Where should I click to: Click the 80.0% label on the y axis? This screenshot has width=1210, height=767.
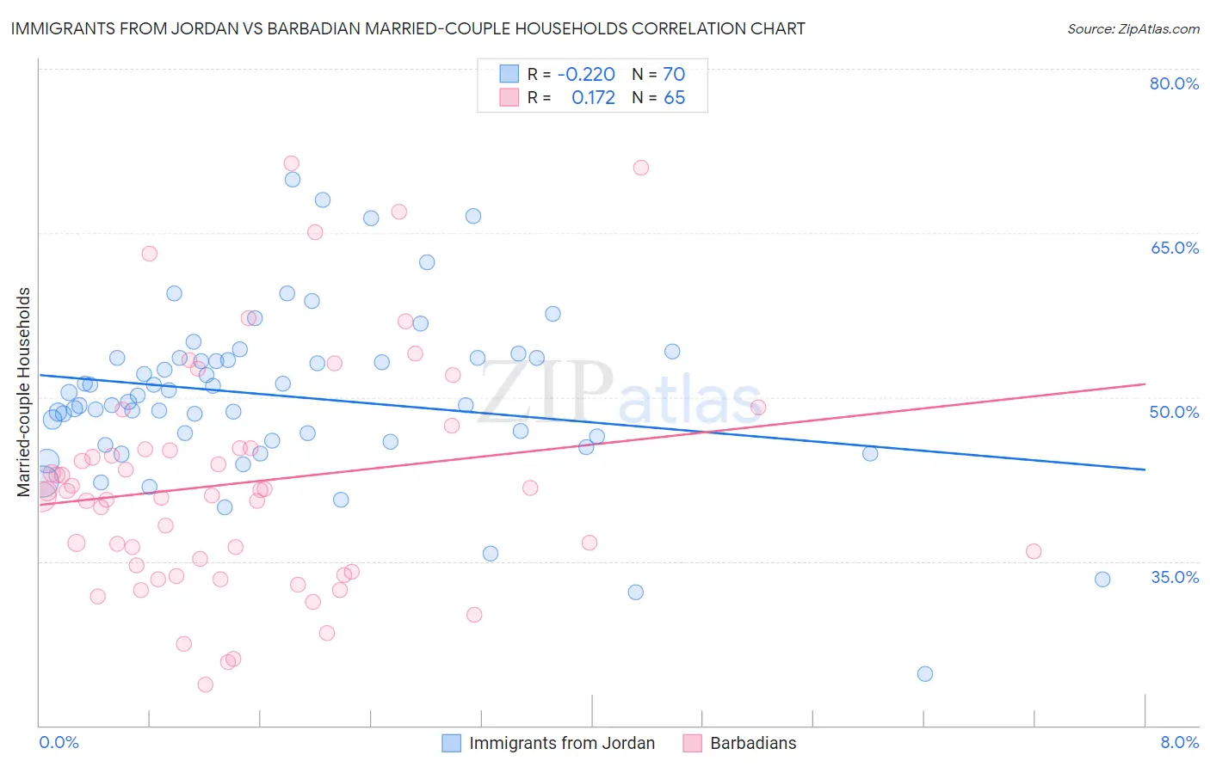pos(1174,84)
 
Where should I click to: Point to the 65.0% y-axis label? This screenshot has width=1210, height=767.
pos(1174,248)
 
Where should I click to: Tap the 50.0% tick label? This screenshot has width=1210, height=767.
pos(1174,412)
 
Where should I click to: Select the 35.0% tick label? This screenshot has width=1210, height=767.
pos(1175,576)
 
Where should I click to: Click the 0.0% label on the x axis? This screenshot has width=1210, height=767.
pos(59,742)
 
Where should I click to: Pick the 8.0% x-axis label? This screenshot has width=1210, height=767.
pos(1179,742)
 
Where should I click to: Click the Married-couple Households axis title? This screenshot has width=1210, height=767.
pos(24,392)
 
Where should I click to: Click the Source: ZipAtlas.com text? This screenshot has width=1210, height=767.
pos(1133,28)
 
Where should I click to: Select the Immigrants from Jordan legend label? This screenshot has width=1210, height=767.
pos(562,743)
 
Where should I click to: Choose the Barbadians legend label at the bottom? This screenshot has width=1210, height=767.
pos(753,743)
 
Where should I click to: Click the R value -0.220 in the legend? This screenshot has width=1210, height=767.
pos(586,75)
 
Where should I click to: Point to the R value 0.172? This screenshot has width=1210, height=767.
pos(593,98)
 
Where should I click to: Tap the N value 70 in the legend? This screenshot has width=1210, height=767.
pos(674,75)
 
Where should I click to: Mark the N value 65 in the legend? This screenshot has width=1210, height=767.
pos(674,98)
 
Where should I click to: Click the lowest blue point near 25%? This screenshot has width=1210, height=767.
pos(925,674)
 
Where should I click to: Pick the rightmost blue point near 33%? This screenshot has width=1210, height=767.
pos(1102,580)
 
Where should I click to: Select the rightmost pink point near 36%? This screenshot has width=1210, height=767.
pos(1034,552)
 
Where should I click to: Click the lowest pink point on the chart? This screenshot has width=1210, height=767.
pos(205,684)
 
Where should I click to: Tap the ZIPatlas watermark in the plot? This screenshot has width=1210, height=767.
pos(620,394)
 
